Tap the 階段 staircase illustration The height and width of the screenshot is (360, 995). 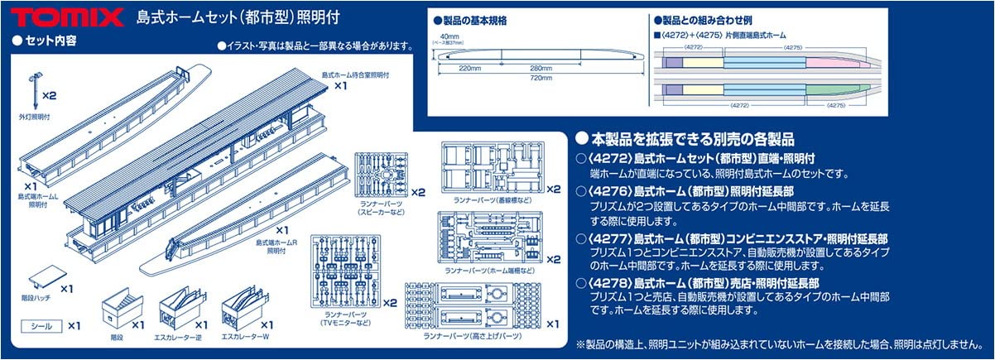coord(120,310)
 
